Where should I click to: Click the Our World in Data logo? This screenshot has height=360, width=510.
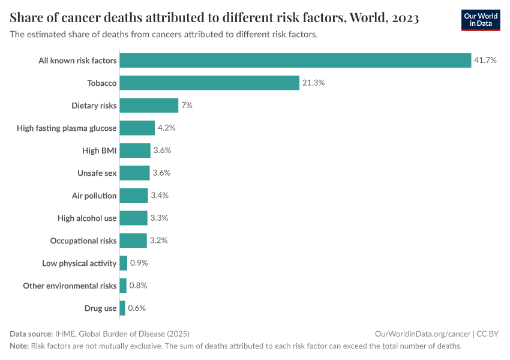tap(480, 20)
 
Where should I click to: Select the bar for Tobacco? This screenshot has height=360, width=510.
tap(209, 83)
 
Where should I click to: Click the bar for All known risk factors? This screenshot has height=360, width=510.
tap(295, 60)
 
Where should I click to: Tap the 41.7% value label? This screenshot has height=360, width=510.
tap(485, 60)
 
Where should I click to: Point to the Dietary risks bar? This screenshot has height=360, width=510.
tap(149, 106)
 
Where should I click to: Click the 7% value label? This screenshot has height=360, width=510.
tap(187, 106)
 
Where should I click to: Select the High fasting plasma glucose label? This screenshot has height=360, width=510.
tap(67, 128)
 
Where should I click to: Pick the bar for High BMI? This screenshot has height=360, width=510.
tap(135, 151)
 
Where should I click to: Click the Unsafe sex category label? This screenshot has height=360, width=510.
tap(97, 173)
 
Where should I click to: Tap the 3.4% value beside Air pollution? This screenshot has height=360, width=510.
tap(160, 196)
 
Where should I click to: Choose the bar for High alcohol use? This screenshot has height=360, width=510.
tap(133, 218)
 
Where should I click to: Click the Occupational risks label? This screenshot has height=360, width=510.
tap(83, 241)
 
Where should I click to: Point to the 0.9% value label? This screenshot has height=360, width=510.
tap(139, 263)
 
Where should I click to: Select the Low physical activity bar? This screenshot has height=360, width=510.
tap(124, 263)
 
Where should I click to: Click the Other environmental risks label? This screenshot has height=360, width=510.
tap(70, 286)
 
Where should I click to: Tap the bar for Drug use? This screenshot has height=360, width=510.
tap(122, 308)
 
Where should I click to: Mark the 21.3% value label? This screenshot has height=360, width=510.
tap(313, 83)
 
